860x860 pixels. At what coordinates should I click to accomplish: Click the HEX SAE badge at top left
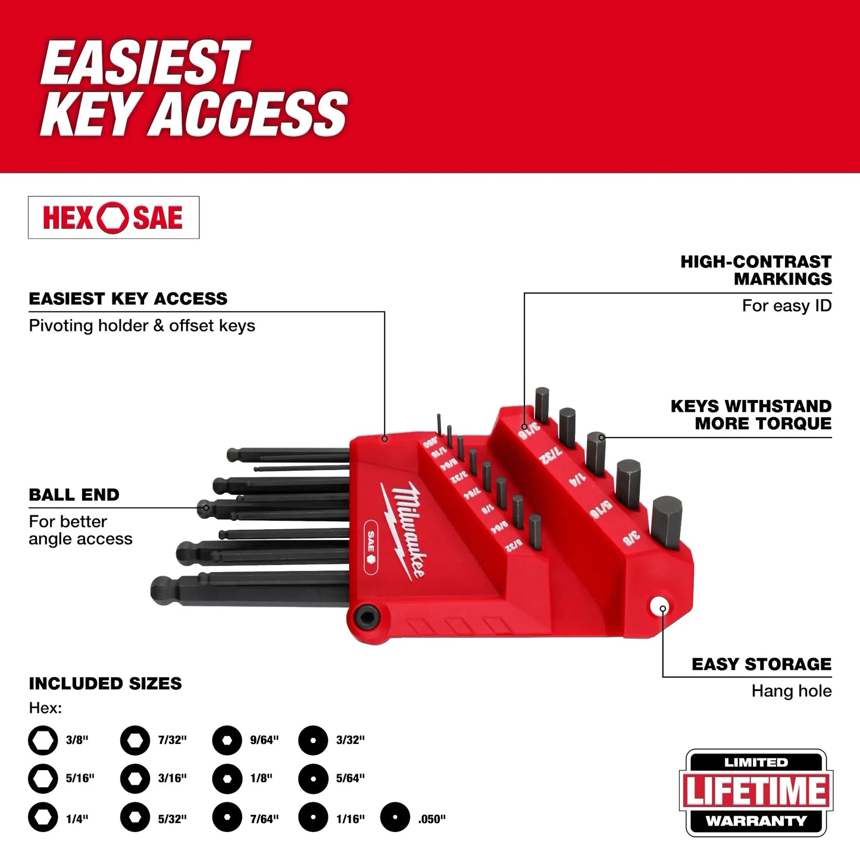113,217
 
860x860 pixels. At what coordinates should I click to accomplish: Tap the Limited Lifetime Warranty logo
756,793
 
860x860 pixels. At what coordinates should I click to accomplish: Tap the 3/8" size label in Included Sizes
77,740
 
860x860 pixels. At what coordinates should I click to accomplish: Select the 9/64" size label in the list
264,740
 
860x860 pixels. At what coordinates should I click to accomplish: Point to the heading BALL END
74,495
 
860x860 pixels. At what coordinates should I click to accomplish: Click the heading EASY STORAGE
761,664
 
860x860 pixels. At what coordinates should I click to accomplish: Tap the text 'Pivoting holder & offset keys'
142,326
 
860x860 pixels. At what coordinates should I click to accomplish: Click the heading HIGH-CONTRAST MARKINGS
756,270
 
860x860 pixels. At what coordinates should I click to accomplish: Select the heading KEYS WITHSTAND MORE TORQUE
750,415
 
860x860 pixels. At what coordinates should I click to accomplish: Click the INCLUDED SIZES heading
105,683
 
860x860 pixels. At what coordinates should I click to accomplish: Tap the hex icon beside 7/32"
135,740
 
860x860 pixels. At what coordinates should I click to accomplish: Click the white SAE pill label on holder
370,547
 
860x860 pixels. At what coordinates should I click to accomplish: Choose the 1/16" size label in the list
350,819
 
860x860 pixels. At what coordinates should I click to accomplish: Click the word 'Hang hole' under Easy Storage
791,691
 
